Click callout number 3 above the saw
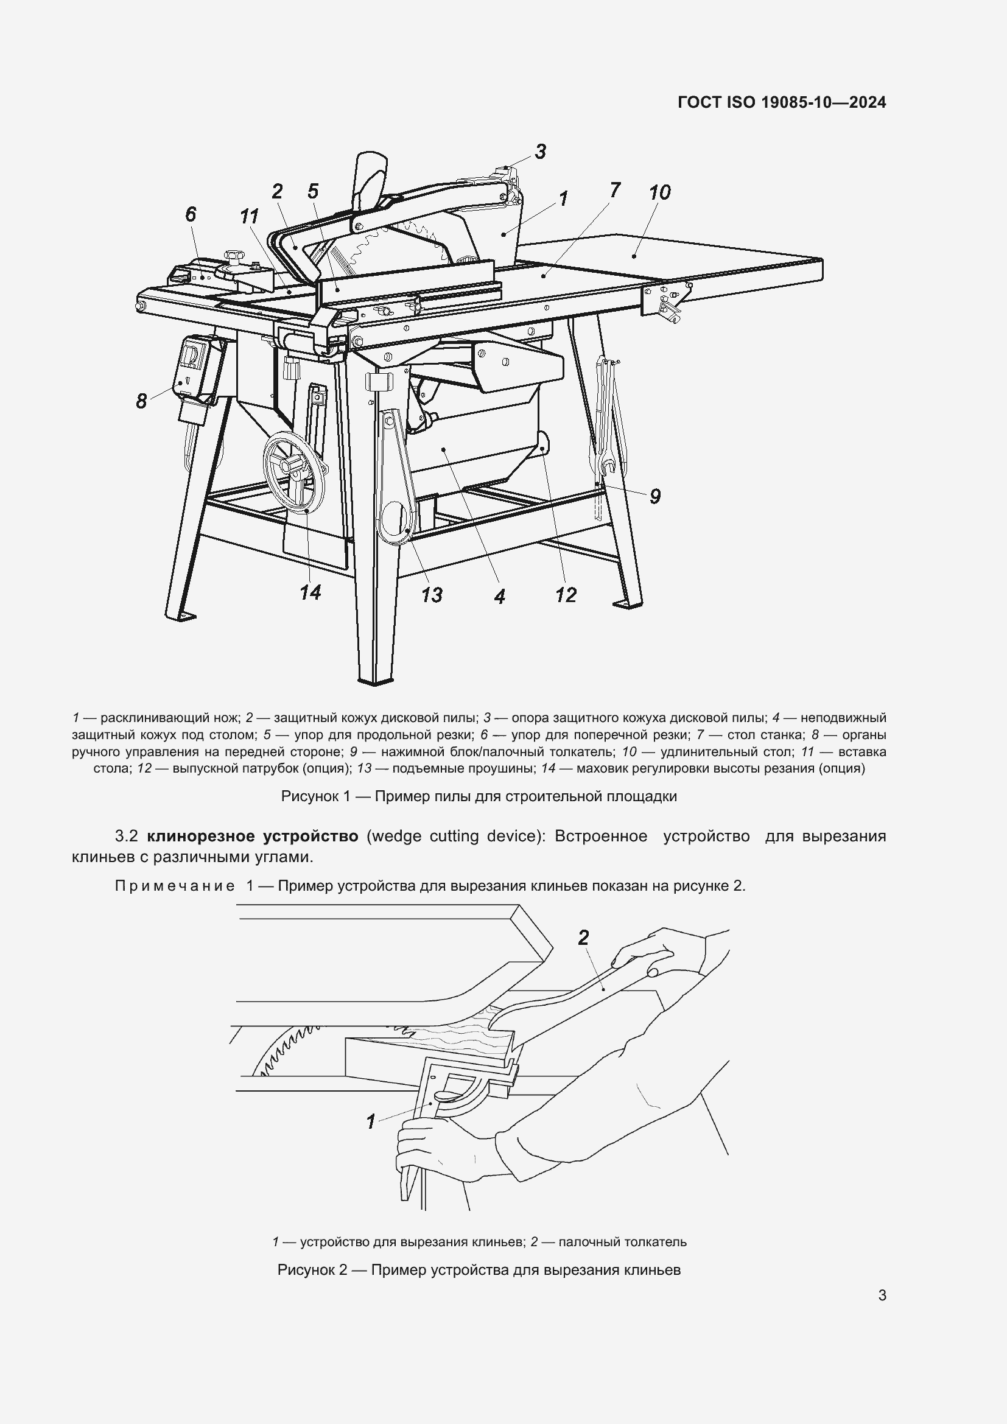point(540,152)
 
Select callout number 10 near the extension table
point(659,192)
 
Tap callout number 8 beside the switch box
point(141,401)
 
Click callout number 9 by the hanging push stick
point(655,496)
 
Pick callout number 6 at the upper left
point(191,214)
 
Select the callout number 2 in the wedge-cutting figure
point(583,938)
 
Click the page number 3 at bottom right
point(882,1296)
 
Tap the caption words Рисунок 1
point(315,796)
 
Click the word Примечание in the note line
point(174,886)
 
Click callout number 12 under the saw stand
point(566,595)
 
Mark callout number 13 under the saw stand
point(432,595)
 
